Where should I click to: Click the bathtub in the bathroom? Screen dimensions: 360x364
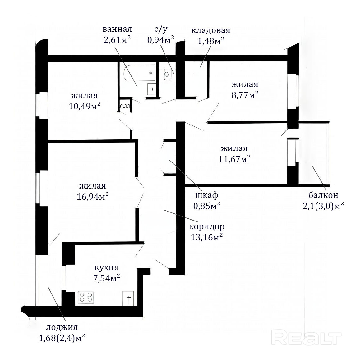140,73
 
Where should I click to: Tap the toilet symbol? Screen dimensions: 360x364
167,74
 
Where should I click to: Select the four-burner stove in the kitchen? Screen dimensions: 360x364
86,297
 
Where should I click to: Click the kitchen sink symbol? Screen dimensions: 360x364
128,298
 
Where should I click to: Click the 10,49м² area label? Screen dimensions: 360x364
85,106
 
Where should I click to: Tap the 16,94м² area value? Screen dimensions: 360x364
93,197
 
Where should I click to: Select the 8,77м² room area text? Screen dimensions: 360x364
245,95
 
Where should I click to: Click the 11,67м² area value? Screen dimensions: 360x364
234,159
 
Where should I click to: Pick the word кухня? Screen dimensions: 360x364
107,268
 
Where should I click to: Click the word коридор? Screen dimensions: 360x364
207,227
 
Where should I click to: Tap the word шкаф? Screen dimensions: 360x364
207,195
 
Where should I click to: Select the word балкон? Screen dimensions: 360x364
323,195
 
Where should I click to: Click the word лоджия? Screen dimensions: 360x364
62,327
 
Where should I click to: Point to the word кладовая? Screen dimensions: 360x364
211,30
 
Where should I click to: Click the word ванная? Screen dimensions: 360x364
117,29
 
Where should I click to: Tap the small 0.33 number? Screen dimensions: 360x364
125,106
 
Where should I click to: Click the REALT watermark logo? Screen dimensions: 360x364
307,339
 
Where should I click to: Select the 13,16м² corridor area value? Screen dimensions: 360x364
207,237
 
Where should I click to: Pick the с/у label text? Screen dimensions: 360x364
161,29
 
